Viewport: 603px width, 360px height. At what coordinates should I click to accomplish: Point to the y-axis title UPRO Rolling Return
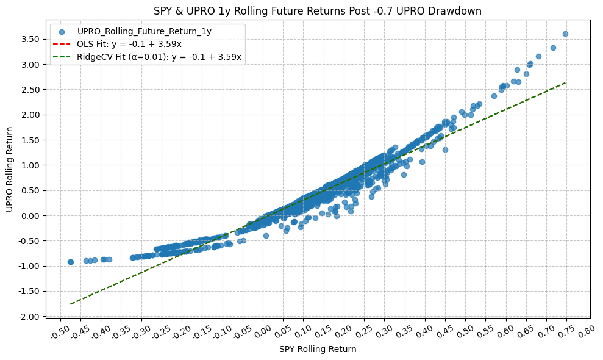(9, 170)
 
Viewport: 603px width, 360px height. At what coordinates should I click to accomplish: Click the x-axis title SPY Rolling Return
(317, 350)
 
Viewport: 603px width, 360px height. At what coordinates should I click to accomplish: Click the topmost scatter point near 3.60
(565, 34)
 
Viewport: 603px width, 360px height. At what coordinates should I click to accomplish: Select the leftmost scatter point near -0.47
(70, 262)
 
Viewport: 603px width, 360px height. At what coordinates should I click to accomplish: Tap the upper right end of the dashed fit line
(566, 82)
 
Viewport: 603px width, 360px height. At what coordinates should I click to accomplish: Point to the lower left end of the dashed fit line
(71, 304)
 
